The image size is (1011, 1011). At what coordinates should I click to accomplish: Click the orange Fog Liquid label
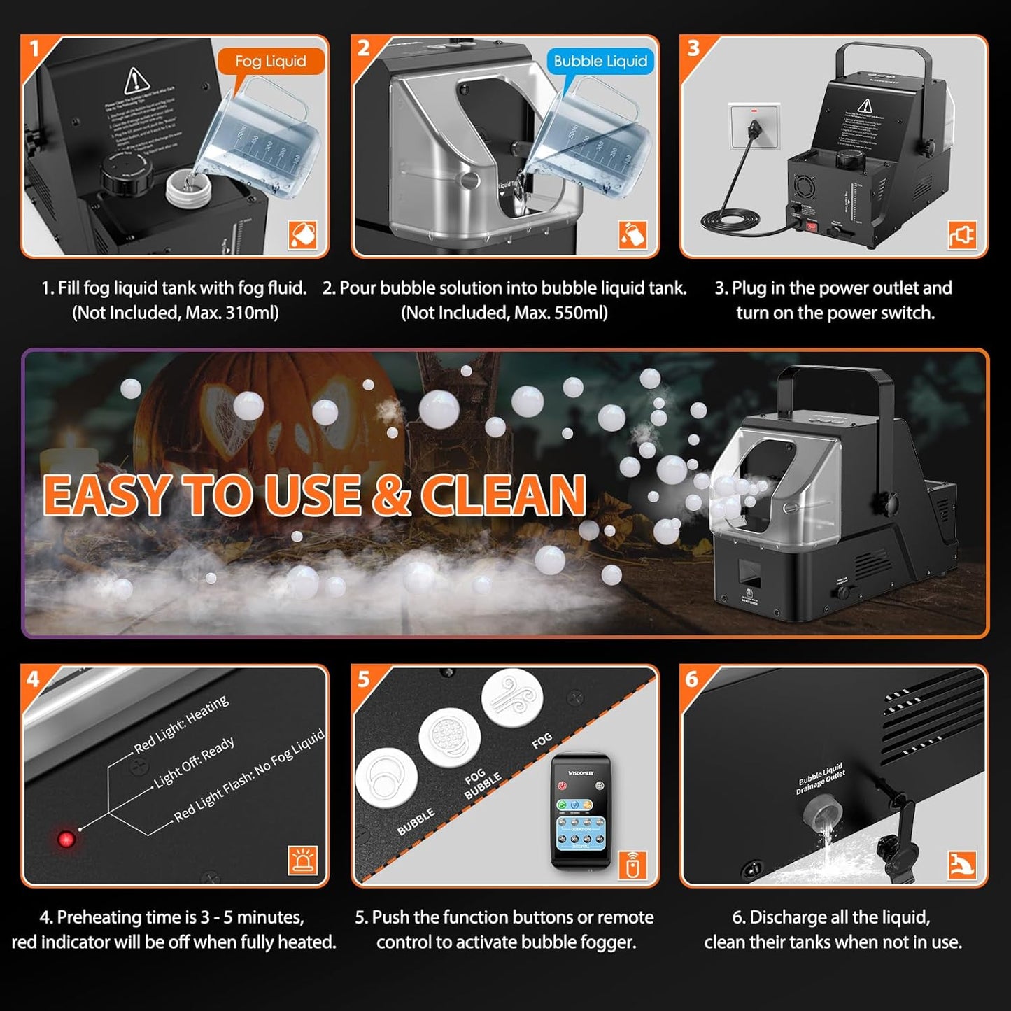pyautogui.click(x=271, y=62)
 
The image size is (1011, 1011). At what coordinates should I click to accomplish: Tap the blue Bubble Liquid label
pyautogui.click(x=600, y=62)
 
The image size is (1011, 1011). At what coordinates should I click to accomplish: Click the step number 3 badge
pyautogui.click(x=693, y=48)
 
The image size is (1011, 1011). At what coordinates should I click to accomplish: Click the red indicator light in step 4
pyautogui.click(x=67, y=839)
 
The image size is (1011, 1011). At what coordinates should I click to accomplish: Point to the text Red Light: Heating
pyautogui.click(x=181, y=724)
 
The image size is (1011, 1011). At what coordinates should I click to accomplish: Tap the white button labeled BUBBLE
pyautogui.click(x=386, y=780)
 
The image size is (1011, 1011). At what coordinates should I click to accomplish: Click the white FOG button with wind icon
pyautogui.click(x=512, y=698)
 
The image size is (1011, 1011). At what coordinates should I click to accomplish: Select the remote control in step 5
pyautogui.click(x=581, y=812)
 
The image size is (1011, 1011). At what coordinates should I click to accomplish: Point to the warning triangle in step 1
pyautogui.click(x=137, y=82)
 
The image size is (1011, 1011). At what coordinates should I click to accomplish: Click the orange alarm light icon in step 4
pyautogui.click(x=302, y=860)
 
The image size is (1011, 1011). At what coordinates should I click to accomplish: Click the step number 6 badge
pyautogui.click(x=692, y=679)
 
